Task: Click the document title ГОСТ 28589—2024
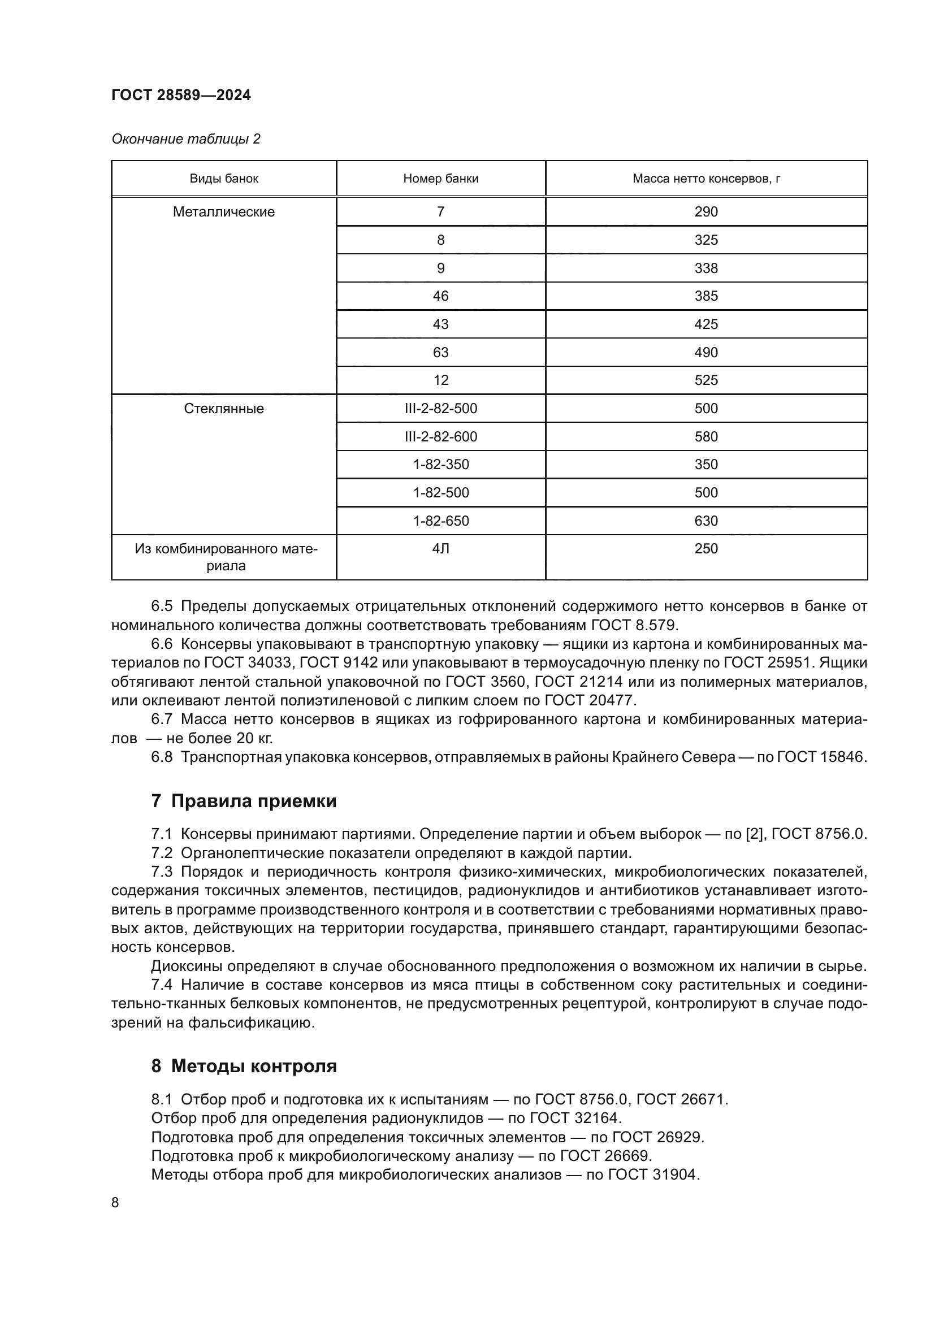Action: tap(181, 95)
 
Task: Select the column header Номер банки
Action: tap(440, 179)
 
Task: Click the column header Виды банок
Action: tap(224, 179)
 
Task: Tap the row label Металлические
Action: tap(224, 212)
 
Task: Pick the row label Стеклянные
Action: tap(224, 409)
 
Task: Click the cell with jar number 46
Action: tap(440, 296)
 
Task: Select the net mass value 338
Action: tap(706, 268)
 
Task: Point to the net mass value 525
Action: tap(706, 380)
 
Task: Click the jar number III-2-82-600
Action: tap(440, 437)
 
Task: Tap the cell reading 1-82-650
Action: tap(440, 521)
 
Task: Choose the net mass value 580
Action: tap(706, 437)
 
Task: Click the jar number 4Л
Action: tap(440, 549)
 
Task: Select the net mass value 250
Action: tap(706, 549)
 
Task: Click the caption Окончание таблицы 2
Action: tap(185, 139)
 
